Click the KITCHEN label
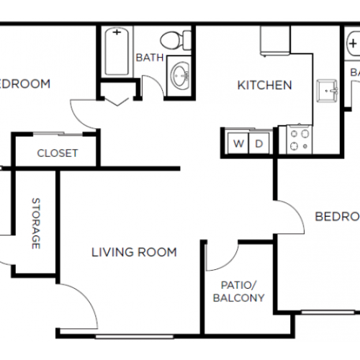click(265, 86)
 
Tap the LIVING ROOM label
click(134, 252)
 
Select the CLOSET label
click(57, 153)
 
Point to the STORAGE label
click(35, 223)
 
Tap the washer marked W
click(238, 143)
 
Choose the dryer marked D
click(258, 143)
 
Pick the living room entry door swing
click(79, 306)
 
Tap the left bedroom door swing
click(83, 115)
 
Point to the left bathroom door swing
click(151, 86)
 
